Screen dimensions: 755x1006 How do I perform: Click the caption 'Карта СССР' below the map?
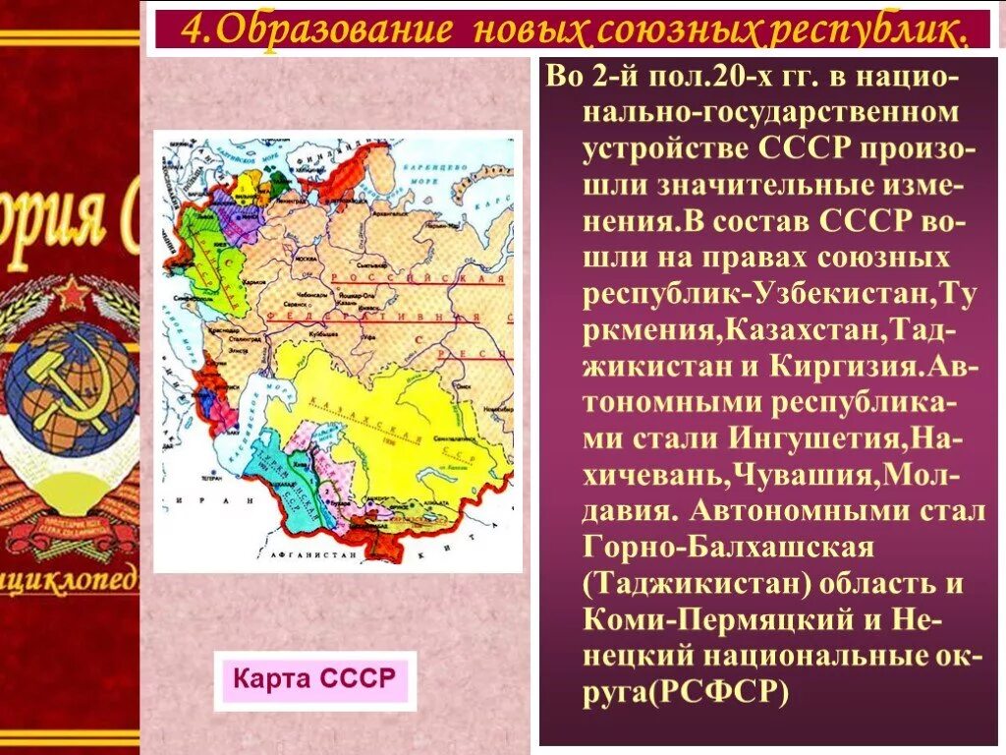314,679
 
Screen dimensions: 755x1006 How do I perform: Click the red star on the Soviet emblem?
72,293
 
